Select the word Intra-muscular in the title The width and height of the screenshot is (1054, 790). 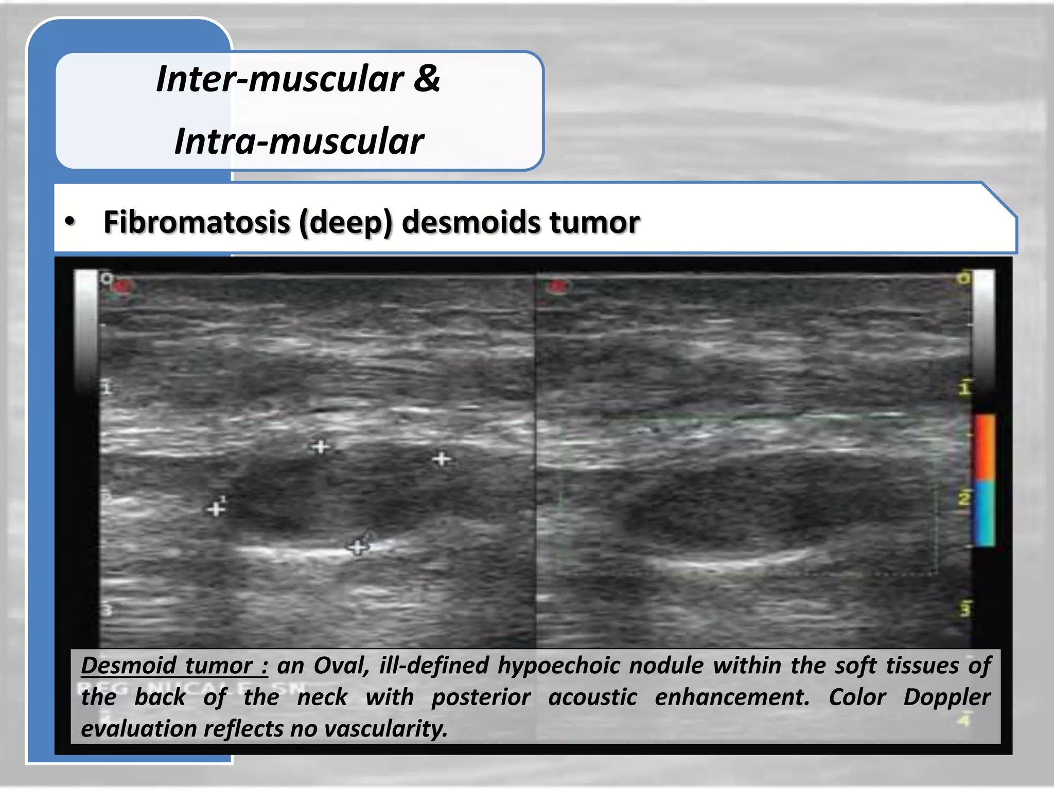(x=299, y=141)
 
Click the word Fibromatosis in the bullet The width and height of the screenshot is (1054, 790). (x=197, y=222)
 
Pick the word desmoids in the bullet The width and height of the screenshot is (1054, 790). (x=470, y=222)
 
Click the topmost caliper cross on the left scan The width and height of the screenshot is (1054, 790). (x=321, y=446)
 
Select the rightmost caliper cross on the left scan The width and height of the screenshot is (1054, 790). (x=442, y=458)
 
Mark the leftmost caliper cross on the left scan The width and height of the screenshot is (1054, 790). (x=216, y=509)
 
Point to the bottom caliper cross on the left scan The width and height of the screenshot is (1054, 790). (x=358, y=547)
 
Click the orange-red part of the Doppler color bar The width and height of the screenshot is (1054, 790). (x=984, y=447)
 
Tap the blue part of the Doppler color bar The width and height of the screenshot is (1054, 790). (x=985, y=513)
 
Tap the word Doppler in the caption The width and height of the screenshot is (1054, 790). (x=946, y=697)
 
